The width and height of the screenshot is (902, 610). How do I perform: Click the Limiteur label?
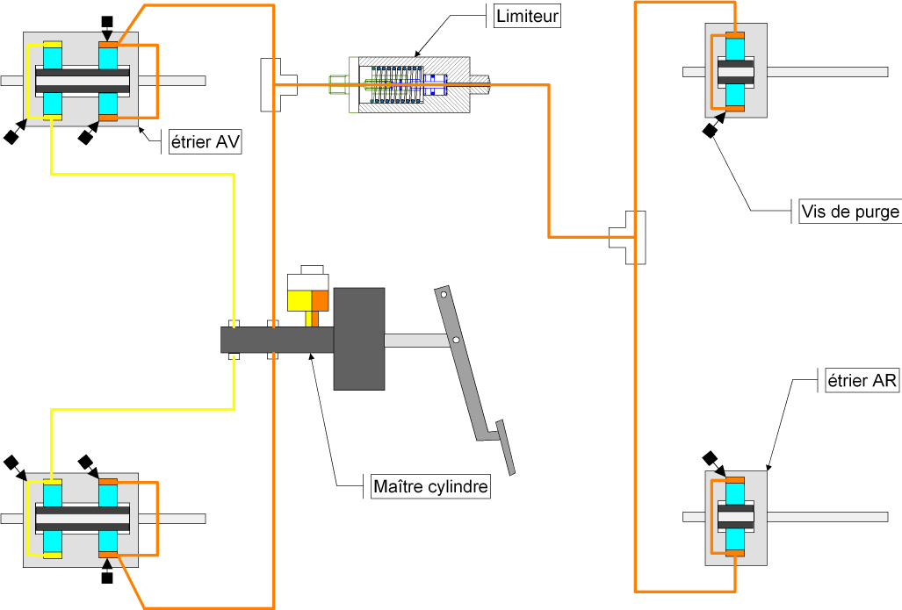point(527,16)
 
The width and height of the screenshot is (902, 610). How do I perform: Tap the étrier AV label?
point(206,141)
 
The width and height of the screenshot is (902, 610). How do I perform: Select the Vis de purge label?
point(850,212)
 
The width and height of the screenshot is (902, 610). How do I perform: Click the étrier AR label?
point(862,381)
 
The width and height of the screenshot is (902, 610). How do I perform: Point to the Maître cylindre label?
point(431,486)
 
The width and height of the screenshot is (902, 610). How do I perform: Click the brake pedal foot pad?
point(506,448)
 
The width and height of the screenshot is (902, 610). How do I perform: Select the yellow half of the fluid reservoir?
point(299,301)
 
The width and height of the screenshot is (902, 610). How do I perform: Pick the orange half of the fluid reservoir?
point(320,301)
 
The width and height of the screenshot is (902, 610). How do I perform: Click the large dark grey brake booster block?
point(359,339)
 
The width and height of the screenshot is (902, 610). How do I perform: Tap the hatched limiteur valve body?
point(415,84)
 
